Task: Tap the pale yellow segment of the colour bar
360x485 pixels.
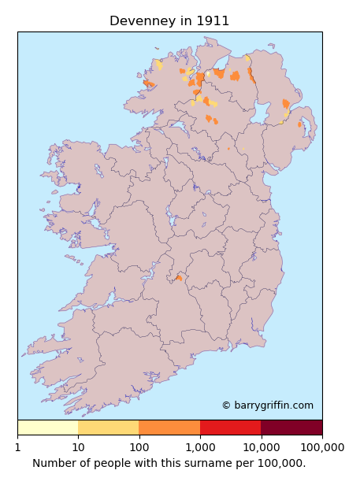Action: [x=47, y=428]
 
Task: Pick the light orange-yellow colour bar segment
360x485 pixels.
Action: [x=108, y=428]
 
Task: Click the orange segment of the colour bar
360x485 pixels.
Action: [x=169, y=428]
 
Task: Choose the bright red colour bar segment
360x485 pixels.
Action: [x=230, y=428]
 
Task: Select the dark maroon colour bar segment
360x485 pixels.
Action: [x=291, y=428]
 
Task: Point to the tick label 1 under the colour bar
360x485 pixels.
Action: [x=18, y=447]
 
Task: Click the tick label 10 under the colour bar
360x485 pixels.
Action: [x=78, y=447]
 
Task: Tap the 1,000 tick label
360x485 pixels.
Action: [x=200, y=447]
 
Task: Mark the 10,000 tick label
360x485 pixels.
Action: [x=261, y=447]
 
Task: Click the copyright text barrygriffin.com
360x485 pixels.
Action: [x=267, y=405]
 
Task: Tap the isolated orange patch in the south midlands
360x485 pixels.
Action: [x=179, y=278]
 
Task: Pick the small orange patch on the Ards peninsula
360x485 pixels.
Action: [x=300, y=124]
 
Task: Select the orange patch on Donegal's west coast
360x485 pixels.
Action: [x=147, y=83]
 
